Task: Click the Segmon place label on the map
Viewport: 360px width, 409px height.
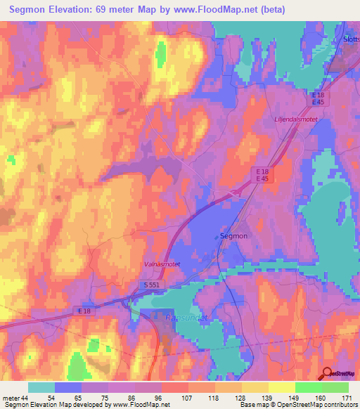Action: coord(233,236)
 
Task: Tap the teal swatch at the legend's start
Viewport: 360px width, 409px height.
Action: coord(41,387)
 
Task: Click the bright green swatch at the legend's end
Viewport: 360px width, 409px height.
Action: coord(335,387)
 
